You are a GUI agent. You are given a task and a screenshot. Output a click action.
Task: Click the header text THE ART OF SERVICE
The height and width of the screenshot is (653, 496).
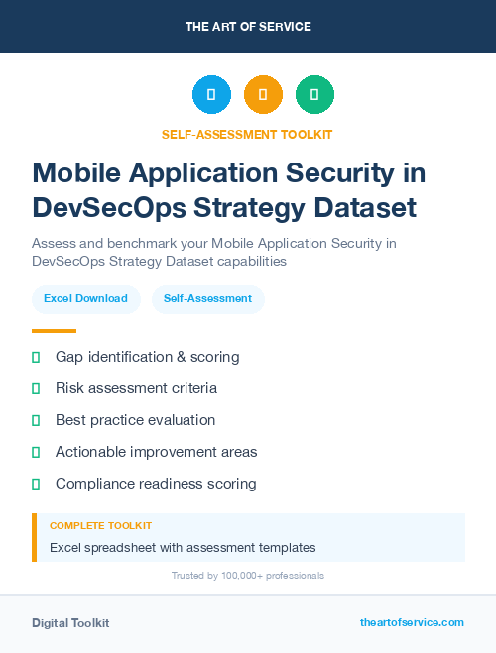[x=248, y=27]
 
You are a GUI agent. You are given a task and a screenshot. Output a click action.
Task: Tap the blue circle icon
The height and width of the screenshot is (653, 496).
[x=211, y=95]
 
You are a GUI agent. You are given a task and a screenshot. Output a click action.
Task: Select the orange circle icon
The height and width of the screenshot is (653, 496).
[x=263, y=95]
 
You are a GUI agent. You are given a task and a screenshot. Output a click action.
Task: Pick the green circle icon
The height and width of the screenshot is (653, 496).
[x=315, y=95]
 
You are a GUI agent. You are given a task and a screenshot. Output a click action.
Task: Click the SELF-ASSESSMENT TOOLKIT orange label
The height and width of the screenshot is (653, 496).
[x=247, y=134]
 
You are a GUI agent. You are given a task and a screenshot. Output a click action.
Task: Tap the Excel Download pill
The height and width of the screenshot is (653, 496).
[x=85, y=298]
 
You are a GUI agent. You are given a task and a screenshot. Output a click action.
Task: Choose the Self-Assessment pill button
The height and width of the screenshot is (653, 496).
[x=207, y=298]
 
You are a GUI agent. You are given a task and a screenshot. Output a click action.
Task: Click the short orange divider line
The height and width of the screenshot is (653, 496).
[x=54, y=331]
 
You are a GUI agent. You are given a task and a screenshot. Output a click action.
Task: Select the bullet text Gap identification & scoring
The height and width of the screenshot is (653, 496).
[x=147, y=357]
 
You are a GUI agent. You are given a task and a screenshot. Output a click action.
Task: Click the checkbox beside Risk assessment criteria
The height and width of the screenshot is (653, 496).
[x=36, y=388]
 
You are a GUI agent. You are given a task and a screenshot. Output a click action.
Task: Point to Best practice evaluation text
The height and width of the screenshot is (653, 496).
[x=135, y=420]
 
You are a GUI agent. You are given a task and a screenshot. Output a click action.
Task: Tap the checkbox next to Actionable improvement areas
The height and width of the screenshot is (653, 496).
[x=36, y=452]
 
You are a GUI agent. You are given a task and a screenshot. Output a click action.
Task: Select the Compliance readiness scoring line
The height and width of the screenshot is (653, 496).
[x=156, y=484]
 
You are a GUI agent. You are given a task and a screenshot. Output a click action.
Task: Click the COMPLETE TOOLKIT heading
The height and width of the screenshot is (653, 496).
[x=100, y=525]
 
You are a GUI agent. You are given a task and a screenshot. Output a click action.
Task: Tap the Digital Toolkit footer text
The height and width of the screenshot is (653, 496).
[x=70, y=623]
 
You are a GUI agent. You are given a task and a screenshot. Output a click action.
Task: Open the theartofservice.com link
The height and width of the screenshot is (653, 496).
[x=412, y=622]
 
